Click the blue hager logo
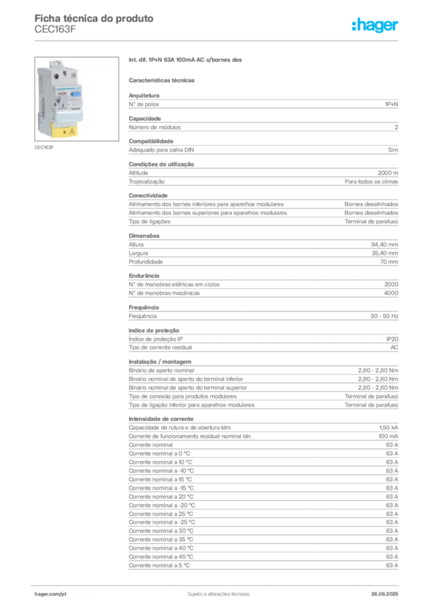coord(376,25)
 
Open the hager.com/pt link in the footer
coord(51,592)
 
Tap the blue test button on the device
coord(77,94)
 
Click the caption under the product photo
coord(45,148)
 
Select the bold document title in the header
coord(95,18)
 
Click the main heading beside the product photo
coord(186,61)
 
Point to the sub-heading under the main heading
coord(163,80)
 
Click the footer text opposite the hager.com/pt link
coord(387,592)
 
